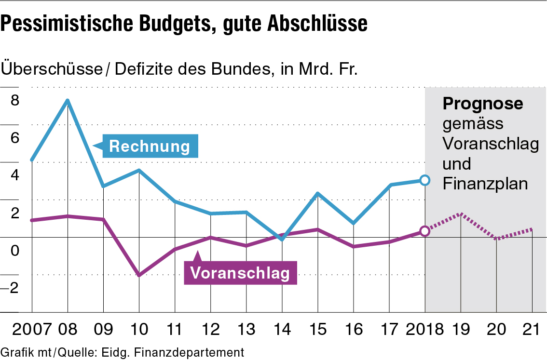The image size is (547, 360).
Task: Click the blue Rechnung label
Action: [150, 146]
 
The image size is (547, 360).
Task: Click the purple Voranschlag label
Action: [240, 273]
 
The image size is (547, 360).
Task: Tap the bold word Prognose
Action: [483, 104]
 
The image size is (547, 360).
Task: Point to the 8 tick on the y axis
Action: [14, 100]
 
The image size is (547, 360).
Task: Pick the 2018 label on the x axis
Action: [424, 330]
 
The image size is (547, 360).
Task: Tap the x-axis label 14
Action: [282, 330]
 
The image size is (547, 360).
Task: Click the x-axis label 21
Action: [532, 330]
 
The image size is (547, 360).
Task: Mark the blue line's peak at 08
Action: [68, 101]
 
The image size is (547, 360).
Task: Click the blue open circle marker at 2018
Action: [424, 180]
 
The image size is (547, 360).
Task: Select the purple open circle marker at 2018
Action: [424, 231]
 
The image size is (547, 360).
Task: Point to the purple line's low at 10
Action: [139, 275]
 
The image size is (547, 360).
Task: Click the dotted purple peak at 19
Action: [461, 214]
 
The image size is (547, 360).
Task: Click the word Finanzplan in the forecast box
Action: [485, 184]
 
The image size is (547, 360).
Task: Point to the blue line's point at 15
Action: [318, 193]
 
